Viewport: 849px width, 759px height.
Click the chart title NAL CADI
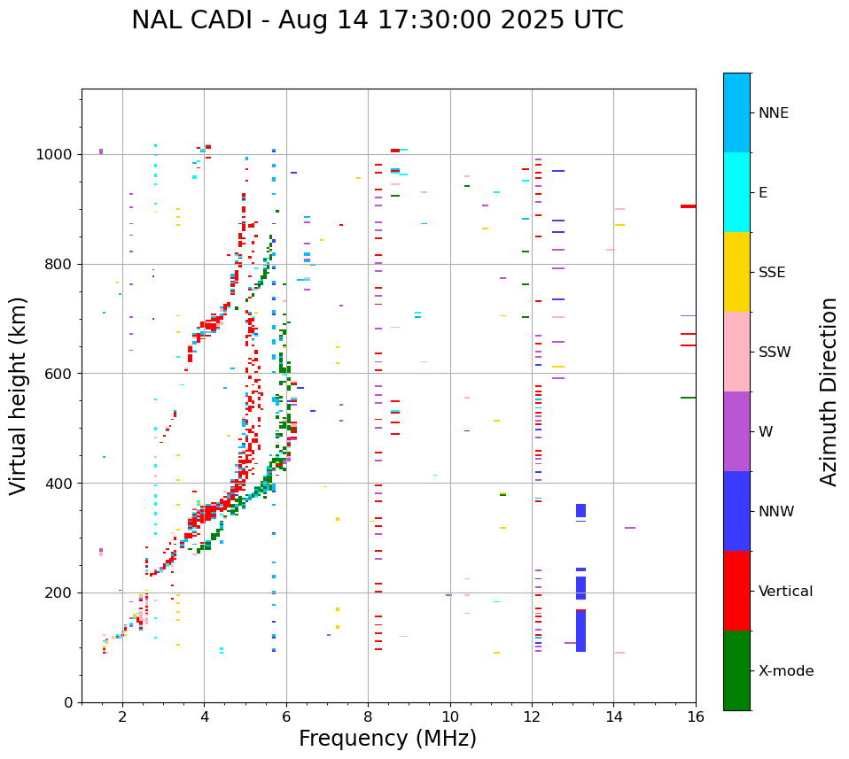(377, 20)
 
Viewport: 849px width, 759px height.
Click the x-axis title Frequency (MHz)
(387, 739)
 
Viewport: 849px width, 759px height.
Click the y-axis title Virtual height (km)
(19, 395)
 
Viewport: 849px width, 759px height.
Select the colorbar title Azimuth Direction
(829, 391)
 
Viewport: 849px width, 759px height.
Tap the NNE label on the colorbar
(773, 113)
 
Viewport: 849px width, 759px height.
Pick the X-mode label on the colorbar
(785, 671)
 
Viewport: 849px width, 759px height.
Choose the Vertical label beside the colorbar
(785, 592)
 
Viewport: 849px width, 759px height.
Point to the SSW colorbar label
(775, 352)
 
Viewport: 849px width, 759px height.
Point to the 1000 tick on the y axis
(57, 154)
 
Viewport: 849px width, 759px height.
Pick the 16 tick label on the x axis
(696, 716)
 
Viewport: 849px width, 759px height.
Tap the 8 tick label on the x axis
(368, 716)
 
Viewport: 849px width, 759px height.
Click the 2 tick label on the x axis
(122, 716)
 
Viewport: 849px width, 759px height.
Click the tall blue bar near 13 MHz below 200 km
(580, 631)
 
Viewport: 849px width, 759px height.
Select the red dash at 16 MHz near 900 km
(688, 206)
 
